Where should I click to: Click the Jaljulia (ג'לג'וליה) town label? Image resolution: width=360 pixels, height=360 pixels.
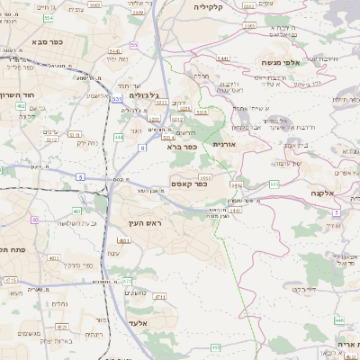(144, 95)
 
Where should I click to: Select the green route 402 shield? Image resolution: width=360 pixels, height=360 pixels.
(20, 106)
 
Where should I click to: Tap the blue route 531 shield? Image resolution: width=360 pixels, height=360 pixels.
(116, 99)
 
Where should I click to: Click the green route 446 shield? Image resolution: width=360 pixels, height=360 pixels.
(339, 319)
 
